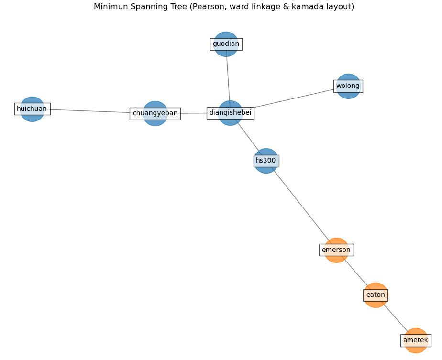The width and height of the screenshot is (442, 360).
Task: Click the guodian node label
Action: (x=226, y=44)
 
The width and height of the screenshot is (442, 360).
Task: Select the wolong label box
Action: (x=348, y=86)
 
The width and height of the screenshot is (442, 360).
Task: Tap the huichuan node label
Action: (x=32, y=109)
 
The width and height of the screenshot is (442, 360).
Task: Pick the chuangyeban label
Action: (x=155, y=113)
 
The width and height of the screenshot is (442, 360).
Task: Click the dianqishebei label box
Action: (x=230, y=113)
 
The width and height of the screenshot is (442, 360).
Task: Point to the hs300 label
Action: (x=266, y=161)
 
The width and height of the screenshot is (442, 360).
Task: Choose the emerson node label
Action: (x=336, y=250)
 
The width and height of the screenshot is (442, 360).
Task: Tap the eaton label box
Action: (x=376, y=295)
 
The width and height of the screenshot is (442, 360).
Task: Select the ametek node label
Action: (x=416, y=340)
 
